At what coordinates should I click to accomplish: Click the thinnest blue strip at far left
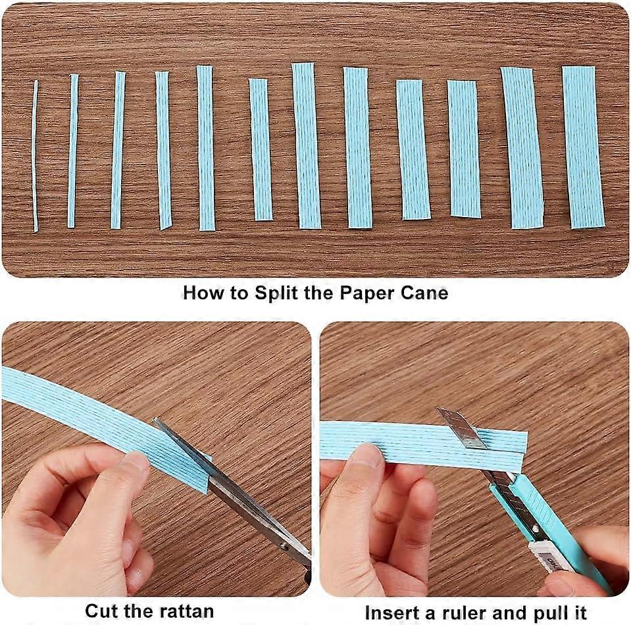point(36,155)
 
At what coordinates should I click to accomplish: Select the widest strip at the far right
point(583,147)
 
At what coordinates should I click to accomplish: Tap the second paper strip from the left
point(72,151)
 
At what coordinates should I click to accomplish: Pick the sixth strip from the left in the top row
point(261,149)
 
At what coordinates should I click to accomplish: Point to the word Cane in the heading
point(424,292)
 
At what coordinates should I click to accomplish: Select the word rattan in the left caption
point(182,611)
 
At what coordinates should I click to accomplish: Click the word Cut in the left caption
point(102,611)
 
